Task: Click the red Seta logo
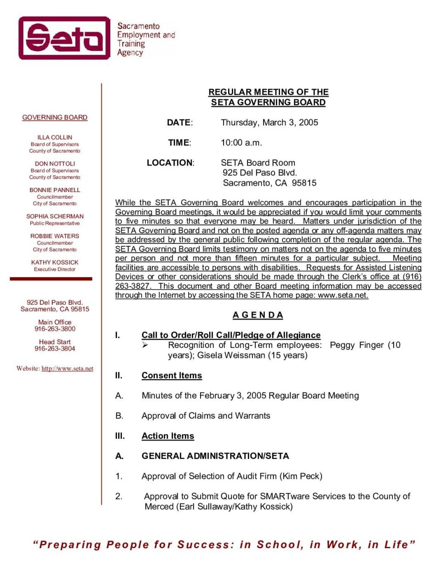[x=64, y=38]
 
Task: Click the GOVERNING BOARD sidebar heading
[x=55, y=118]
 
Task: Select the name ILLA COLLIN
[x=55, y=137]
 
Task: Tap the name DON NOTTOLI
[x=55, y=164]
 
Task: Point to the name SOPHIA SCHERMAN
[x=55, y=216]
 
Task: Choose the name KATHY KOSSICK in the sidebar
[x=55, y=262]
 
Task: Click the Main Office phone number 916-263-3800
[x=55, y=329]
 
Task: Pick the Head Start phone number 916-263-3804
[x=55, y=349]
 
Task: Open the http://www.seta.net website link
[x=67, y=369]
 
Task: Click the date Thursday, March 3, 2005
[x=269, y=123]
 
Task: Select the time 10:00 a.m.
[x=241, y=143]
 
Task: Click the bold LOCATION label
[x=170, y=163]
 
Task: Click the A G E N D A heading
[x=258, y=315]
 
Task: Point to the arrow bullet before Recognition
[x=145, y=345]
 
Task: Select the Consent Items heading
[x=172, y=376]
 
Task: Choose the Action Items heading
[x=168, y=436]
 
